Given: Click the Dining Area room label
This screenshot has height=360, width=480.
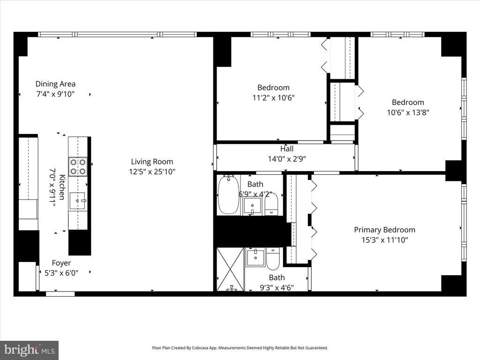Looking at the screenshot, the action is (55, 84).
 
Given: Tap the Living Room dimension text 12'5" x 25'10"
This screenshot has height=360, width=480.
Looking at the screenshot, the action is (152, 172).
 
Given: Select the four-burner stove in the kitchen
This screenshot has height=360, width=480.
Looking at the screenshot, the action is (78, 167).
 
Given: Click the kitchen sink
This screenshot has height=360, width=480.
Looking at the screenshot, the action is (77, 201).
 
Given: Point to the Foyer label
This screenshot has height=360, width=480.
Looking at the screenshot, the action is (61, 263).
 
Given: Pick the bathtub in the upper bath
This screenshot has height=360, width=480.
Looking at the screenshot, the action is (228, 195).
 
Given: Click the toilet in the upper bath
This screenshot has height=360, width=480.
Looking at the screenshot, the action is (271, 204).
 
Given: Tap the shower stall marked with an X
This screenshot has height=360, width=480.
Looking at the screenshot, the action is (230, 270).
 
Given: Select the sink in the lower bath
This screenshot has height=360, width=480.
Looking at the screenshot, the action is (255, 257).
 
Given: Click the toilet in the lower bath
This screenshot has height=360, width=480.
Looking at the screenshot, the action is (273, 259).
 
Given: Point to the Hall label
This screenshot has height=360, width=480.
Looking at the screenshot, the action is (287, 149).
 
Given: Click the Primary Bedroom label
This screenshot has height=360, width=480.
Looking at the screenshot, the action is (385, 230).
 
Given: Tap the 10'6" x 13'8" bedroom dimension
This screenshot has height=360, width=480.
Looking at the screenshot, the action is (408, 112).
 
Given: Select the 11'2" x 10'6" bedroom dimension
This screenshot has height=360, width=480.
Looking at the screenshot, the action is (273, 97).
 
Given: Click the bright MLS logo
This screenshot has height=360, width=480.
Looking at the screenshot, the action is (30, 350).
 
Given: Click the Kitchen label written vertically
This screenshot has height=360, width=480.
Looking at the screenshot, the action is (62, 187).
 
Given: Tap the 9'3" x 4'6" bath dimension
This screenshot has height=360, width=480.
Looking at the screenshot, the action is (277, 287).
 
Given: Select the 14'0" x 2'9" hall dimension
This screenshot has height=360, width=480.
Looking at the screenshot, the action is (287, 159).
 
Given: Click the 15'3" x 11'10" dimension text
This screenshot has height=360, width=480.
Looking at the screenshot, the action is (385, 240).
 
